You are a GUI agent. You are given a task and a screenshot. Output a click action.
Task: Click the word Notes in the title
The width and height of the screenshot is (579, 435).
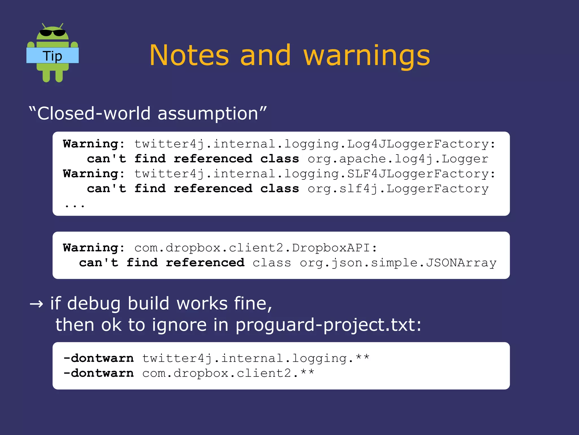189,55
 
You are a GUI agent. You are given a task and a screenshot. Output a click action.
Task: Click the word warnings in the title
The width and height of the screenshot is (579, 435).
367,56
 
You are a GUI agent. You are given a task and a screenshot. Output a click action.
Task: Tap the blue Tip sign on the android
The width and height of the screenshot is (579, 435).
52,55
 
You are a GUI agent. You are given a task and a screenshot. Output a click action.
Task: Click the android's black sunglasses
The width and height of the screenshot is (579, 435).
52,33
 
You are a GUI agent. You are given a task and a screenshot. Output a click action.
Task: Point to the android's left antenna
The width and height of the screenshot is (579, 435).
44,26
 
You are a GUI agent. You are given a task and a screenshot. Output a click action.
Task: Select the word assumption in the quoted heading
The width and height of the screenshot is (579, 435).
208,113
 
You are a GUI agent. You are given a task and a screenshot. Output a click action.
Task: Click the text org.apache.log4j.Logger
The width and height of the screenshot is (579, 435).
398,159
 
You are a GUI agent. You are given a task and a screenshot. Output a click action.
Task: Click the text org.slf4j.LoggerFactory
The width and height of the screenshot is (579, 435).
398,188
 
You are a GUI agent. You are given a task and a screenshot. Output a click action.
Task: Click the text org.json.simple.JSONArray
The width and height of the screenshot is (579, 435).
398,263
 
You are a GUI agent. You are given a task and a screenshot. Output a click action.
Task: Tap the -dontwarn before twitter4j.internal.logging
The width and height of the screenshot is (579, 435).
98,358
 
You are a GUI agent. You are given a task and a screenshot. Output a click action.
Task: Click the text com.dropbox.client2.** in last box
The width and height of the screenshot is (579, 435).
228,373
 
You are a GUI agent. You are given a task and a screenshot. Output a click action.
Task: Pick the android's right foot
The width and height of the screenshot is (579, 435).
59,76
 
